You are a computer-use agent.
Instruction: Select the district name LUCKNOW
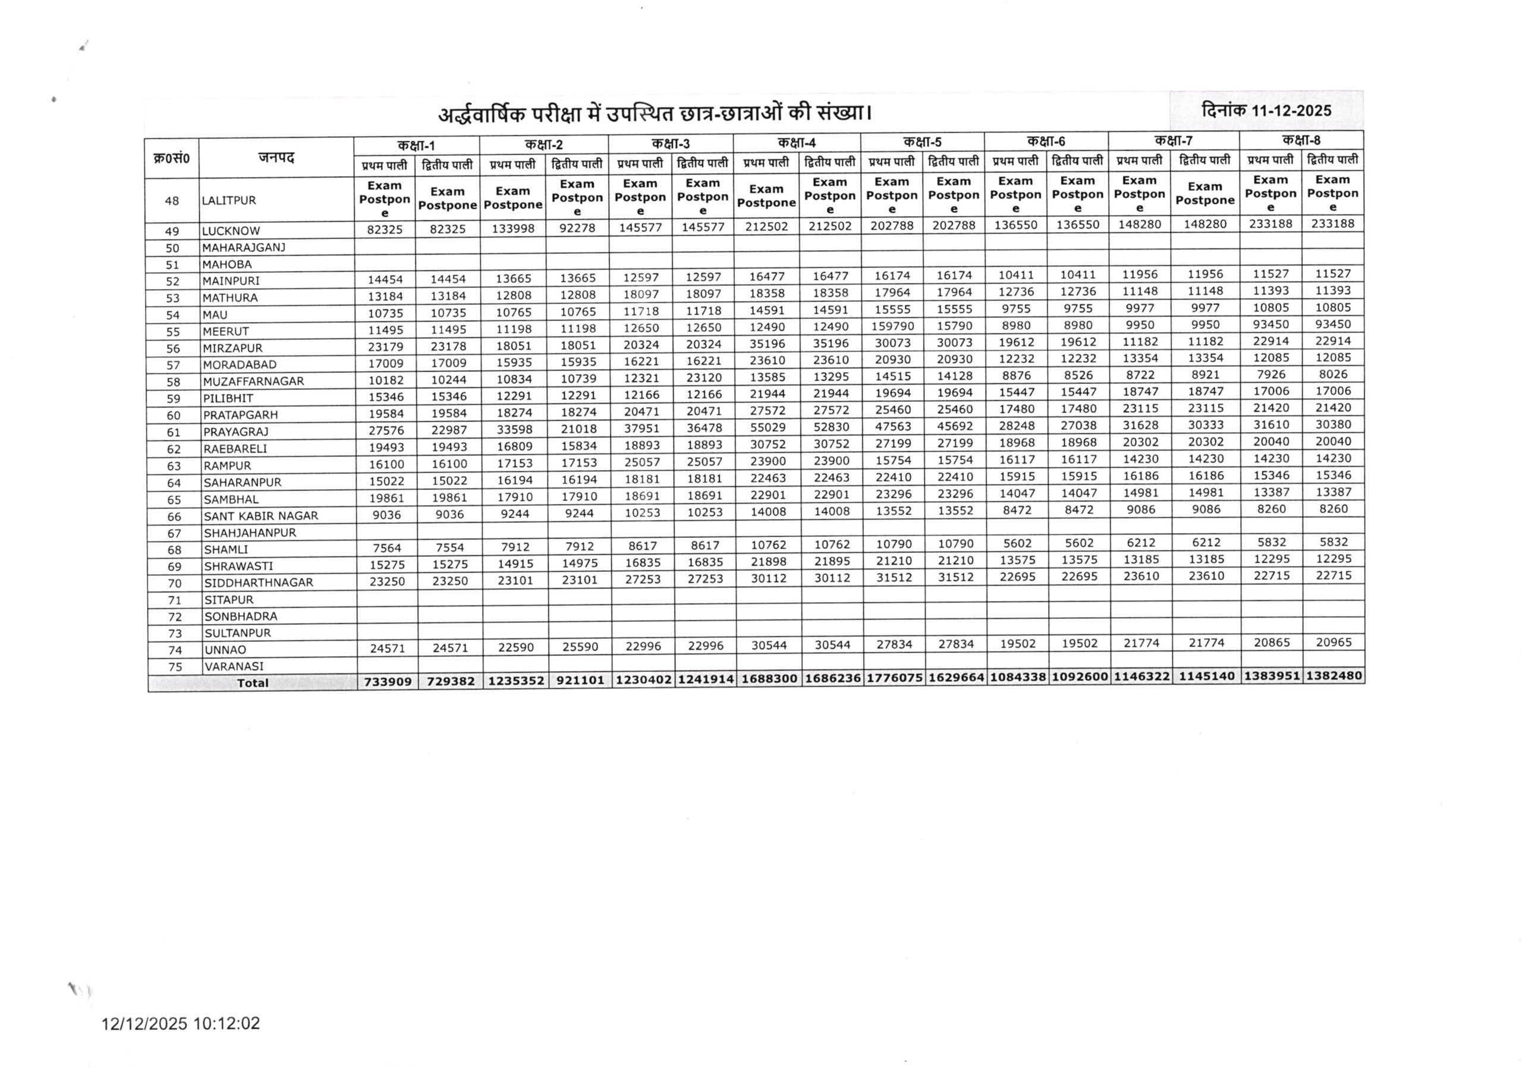point(231,231)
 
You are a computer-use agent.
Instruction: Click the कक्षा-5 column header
point(922,142)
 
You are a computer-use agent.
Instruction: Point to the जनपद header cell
point(276,158)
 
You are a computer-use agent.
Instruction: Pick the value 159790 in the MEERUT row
point(893,327)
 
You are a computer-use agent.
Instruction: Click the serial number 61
point(174,432)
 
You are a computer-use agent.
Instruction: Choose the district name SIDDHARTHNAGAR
point(259,583)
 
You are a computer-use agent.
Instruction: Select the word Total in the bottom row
point(253,682)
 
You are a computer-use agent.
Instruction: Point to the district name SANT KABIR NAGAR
point(260,515)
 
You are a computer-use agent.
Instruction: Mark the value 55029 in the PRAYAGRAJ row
point(768,427)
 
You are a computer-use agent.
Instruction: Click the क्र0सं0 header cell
point(171,158)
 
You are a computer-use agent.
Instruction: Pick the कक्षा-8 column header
point(1301,140)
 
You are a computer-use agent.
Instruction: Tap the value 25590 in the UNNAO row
point(580,647)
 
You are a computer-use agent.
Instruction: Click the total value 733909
point(388,681)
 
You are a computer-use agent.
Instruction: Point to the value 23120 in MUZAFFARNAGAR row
point(704,377)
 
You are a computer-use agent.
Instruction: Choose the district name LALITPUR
point(229,200)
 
